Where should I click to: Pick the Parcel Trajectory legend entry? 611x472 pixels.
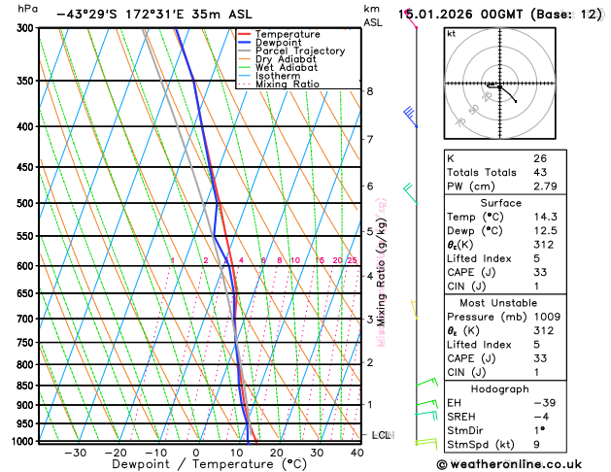coord(299,51)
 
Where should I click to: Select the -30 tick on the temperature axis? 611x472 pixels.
coord(75,453)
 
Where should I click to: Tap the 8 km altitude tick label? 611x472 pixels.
coord(369,91)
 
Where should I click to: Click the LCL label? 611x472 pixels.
coord(382,435)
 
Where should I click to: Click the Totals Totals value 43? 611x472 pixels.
coord(539,172)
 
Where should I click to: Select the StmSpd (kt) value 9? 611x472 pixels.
coord(536,445)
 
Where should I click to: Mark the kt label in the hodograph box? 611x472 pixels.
coord(451,34)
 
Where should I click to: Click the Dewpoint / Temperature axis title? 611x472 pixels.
coord(195,465)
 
